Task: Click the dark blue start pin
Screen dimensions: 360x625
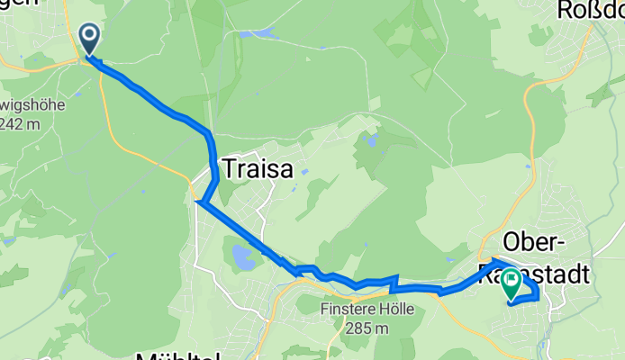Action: pyautogui.click(x=91, y=39)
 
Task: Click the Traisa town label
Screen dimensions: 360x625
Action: pyautogui.click(x=257, y=168)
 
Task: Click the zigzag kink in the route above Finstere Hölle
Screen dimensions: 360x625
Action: pyautogui.click(x=394, y=284)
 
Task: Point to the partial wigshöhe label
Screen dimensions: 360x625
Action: pyautogui.click(x=32, y=104)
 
